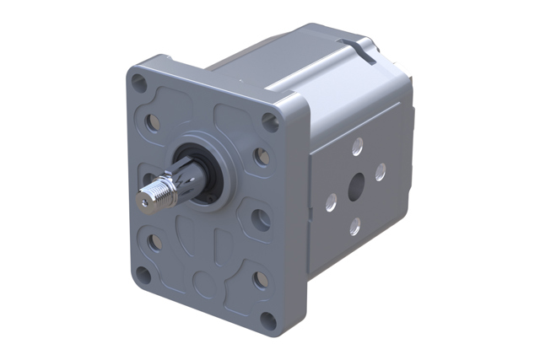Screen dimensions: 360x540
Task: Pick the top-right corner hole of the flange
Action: [x=269, y=121]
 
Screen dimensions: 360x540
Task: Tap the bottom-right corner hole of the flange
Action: [x=268, y=320]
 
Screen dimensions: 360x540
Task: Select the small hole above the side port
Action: [x=357, y=147]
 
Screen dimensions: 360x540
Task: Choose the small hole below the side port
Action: [x=355, y=225]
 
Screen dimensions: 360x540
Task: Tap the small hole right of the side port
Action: [x=381, y=172]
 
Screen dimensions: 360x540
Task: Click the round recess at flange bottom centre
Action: [x=202, y=279]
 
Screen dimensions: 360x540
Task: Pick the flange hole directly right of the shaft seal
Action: [x=262, y=157]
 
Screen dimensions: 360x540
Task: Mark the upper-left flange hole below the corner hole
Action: [x=154, y=123]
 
